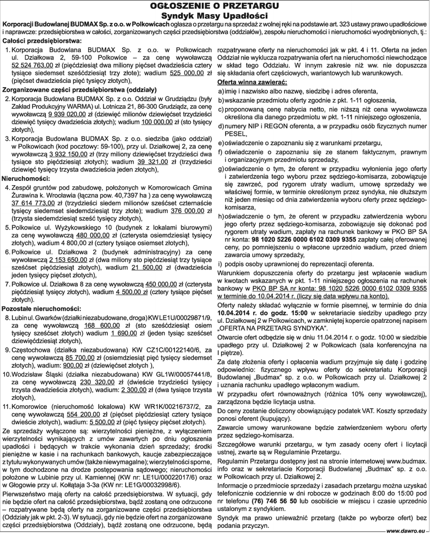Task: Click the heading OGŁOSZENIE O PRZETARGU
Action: (x=215, y=6)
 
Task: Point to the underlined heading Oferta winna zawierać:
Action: (x=250, y=82)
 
